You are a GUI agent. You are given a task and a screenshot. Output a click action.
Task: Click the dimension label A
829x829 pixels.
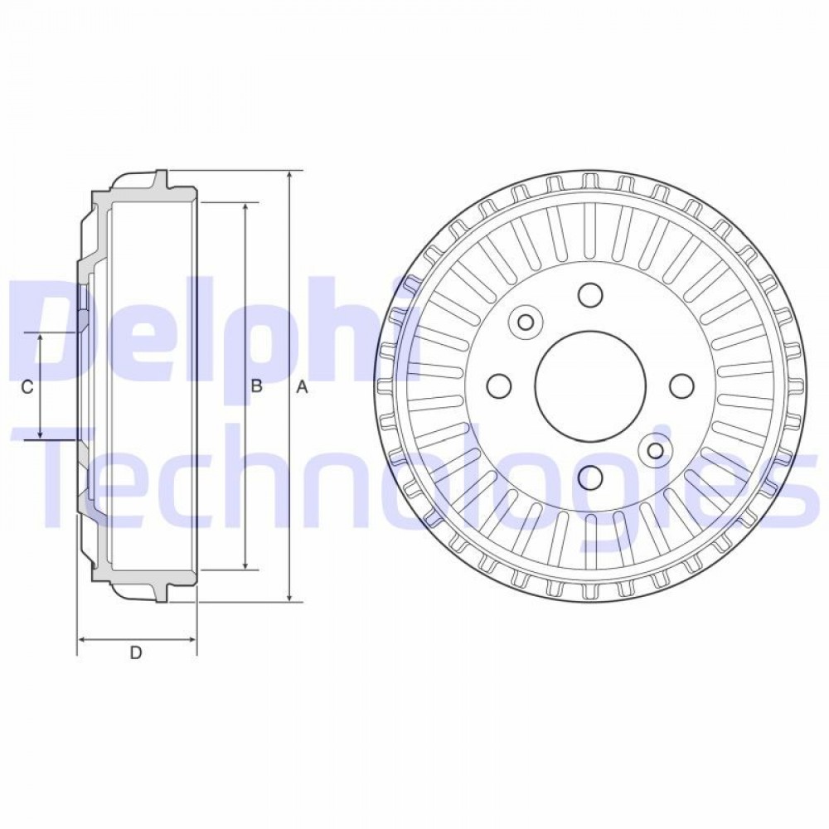(x=302, y=387)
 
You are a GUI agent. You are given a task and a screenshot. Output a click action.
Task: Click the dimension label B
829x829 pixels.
(x=256, y=386)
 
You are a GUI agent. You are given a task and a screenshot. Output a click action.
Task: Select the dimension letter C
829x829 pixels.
(x=27, y=387)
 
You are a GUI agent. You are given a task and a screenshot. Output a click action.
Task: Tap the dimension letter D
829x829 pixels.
(x=136, y=653)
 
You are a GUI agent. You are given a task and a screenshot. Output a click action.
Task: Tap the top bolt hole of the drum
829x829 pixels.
(x=590, y=295)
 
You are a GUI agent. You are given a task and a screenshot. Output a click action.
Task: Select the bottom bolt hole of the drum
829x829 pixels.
(x=590, y=478)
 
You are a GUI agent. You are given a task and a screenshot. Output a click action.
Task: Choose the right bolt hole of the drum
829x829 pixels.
(x=681, y=386)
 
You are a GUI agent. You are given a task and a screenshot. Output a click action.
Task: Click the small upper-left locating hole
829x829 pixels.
(x=526, y=322)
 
